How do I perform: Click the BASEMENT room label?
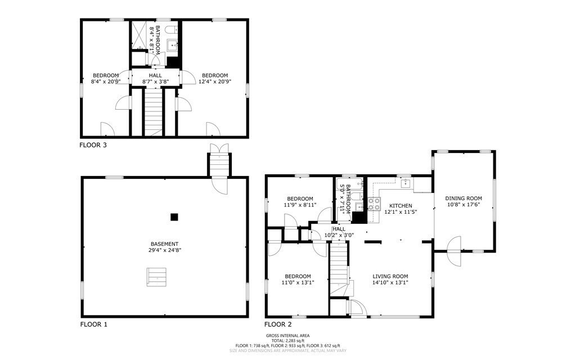point(164,244)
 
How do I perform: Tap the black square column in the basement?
point(174,217)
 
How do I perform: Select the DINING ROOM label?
point(463,198)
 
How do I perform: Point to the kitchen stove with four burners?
point(374,204)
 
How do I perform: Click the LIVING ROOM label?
point(390,276)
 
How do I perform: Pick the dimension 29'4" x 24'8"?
point(164,250)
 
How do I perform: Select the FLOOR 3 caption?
point(93,145)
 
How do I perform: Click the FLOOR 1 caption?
point(93,325)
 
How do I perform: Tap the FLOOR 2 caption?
point(278,325)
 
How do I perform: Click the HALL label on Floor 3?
point(155,75)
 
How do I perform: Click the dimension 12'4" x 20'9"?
point(215,82)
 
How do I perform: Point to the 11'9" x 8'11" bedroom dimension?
point(300,205)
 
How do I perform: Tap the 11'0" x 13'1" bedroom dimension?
point(298,282)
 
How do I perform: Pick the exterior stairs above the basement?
point(219,163)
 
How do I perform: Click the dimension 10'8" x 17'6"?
point(463,205)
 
